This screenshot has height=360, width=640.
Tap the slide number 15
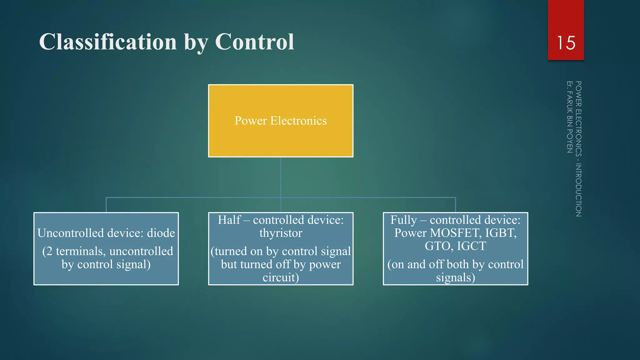pos(566,43)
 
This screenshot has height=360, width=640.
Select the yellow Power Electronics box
pos(281,137)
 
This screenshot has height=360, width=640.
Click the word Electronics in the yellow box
pos(298,121)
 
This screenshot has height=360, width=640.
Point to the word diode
pos(161,233)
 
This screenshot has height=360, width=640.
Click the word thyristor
pos(281,233)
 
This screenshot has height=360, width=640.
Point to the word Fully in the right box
pos(403,220)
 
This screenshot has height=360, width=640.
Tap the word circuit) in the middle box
pos(281,277)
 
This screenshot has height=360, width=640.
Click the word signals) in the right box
pos(455,277)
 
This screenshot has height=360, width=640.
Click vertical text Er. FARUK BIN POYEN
pos(569,117)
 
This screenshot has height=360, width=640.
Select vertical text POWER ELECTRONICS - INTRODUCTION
pos(578,149)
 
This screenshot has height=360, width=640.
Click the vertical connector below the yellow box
pos(281,177)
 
